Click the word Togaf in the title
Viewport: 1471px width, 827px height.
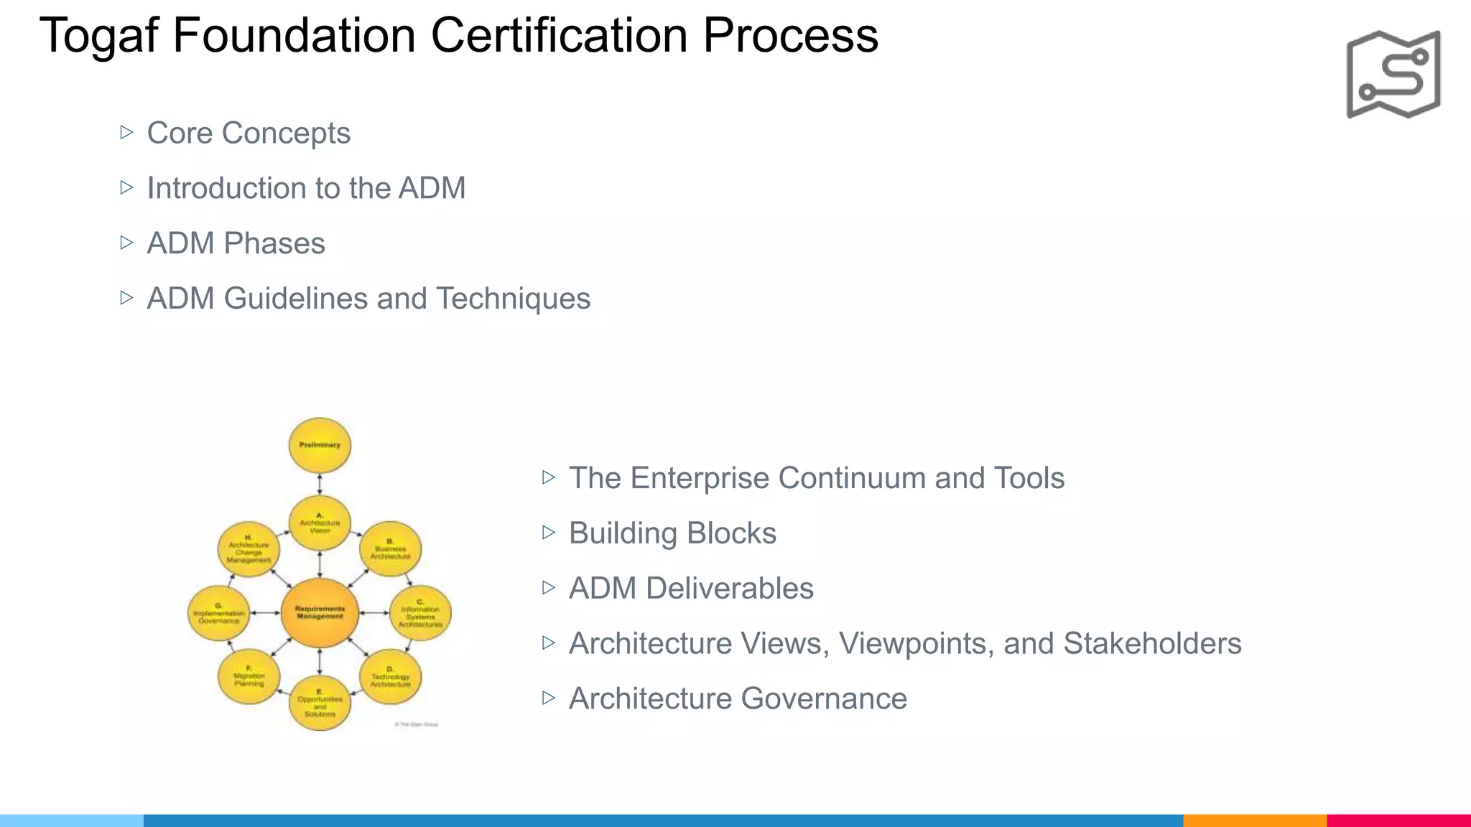coord(98,36)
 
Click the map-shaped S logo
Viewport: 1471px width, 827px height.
coord(1393,74)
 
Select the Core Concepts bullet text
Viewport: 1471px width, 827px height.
coord(249,134)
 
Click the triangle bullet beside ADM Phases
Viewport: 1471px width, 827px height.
coord(127,243)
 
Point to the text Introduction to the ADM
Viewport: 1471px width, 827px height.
coord(306,188)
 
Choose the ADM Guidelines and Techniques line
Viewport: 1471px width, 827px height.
coord(368,299)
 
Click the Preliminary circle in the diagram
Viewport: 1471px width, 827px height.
coord(320,446)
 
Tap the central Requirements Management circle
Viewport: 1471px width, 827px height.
coord(320,613)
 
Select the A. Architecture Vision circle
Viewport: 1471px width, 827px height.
coord(320,523)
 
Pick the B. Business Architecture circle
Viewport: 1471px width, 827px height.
coord(390,550)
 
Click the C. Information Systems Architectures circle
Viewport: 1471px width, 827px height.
coord(420,613)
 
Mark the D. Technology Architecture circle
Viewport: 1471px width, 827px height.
coord(390,677)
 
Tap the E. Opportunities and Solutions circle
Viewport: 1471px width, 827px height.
coord(320,703)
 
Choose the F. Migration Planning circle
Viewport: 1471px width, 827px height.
coord(249,677)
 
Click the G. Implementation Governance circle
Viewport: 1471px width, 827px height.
coord(218,613)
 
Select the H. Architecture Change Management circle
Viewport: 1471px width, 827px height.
coord(249,550)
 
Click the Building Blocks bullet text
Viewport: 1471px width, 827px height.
coord(672,533)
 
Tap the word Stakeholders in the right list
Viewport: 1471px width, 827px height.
coord(1152,644)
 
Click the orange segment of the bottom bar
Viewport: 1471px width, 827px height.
coord(1254,820)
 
